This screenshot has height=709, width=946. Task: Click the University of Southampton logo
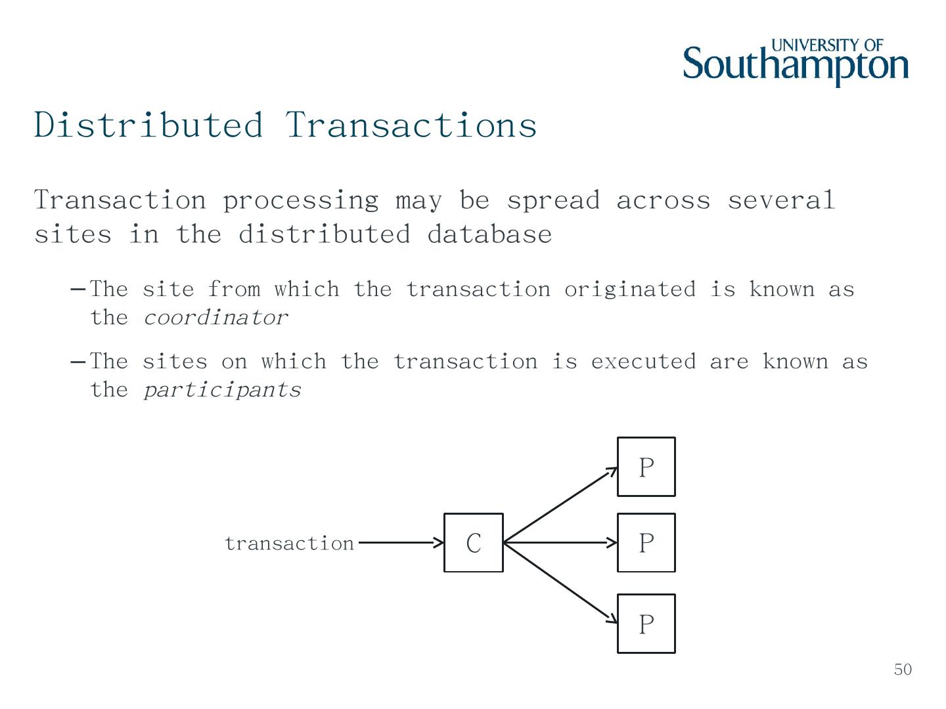coord(796,62)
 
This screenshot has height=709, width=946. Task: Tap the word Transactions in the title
coord(411,125)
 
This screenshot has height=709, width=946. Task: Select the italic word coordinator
coord(215,318)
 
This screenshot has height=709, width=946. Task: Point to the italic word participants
coord(222,391)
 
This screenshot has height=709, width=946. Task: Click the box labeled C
coord(473,543)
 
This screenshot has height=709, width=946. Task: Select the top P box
coord(646,467)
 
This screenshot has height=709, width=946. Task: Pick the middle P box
coord(646,543)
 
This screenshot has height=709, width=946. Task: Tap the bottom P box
coord(646,624)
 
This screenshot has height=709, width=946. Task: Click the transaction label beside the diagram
coord(289,544)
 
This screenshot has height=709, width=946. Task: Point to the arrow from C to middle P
coord(560,543)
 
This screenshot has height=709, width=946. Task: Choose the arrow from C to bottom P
coord(560,583)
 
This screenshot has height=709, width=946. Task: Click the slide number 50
coord(903,670)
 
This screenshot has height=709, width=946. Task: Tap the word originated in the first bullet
coord(629,290)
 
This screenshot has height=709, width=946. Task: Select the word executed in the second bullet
coord(642,362)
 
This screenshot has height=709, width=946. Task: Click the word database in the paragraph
coord(489,234)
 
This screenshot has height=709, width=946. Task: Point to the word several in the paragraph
coord(780,200)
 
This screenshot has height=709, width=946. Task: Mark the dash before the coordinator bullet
coord(78,290)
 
